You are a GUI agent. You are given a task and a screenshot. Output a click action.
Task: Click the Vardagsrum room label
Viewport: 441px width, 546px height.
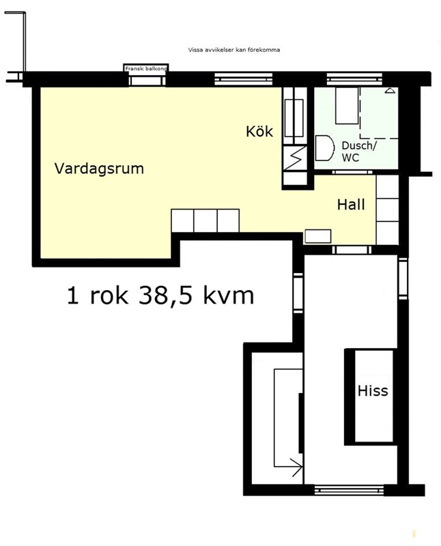click(99, 169)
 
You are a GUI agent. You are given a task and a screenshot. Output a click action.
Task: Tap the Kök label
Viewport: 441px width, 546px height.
click(259, 132)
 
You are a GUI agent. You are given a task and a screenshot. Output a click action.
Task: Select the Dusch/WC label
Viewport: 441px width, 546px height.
click(359, 152)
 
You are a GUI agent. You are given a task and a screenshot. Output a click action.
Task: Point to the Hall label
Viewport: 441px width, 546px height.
click(351, 204)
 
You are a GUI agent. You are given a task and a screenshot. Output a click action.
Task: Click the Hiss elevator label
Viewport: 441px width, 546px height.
click(373, 390)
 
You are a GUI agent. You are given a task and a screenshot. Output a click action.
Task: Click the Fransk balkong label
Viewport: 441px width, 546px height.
click(146, 69)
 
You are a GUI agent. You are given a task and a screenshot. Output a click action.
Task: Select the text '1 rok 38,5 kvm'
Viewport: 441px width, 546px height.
click(160, 296)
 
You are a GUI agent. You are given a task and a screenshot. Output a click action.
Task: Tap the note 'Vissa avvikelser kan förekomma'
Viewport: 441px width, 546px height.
click(234, 50)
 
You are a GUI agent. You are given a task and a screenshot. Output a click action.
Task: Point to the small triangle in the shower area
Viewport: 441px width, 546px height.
click(390, 91)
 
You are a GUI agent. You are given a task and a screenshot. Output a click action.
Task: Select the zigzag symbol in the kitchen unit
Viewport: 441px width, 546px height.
click(295, 158)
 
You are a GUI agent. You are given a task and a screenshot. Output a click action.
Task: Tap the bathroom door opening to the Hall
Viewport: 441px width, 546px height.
click(352, 172)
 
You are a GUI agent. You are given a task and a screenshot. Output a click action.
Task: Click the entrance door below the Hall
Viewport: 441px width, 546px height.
click(352, 250)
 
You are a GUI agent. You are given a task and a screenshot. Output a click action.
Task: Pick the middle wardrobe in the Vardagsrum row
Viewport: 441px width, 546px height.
click(205, 220)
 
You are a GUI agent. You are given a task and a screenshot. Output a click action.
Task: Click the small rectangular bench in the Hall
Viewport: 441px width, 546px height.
click(317, 236)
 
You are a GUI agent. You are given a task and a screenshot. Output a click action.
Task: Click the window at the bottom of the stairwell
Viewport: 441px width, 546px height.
click(349, 490)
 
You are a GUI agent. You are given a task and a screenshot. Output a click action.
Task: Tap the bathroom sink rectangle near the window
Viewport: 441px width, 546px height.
click(347, 105)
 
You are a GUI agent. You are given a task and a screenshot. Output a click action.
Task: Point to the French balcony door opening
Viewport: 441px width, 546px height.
click(147, 81)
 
